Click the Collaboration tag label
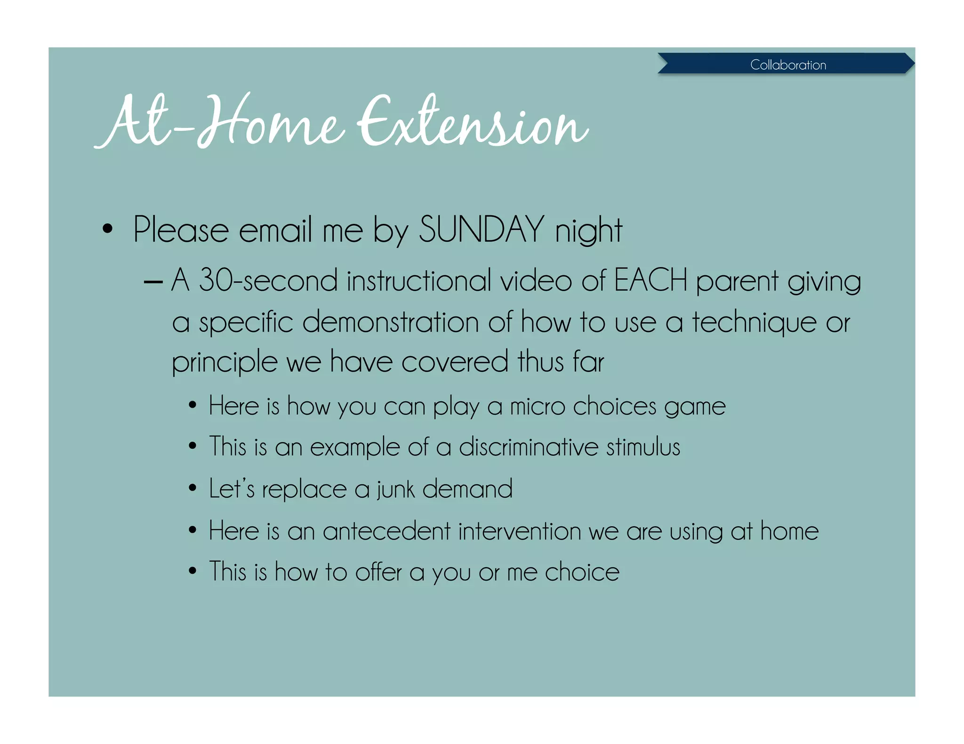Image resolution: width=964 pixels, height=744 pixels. [788, 64]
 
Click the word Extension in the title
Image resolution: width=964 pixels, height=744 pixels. [473, 122]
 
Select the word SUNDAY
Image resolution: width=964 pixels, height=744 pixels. [481, 230]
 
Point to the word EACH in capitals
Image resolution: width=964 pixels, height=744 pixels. [651, 280]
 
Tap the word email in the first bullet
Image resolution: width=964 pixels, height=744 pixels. [275, 230]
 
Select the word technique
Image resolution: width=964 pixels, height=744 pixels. [754, 323]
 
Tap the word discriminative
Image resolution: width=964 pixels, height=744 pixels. [529, 447]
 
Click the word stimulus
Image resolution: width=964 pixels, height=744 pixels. [643, 447]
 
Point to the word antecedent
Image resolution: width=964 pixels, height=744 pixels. [386, 531]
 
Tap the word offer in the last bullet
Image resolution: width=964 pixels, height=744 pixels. [378, 572]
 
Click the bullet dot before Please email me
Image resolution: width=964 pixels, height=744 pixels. [108, 229]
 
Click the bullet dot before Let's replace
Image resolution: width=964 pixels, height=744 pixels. [192, 488]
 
